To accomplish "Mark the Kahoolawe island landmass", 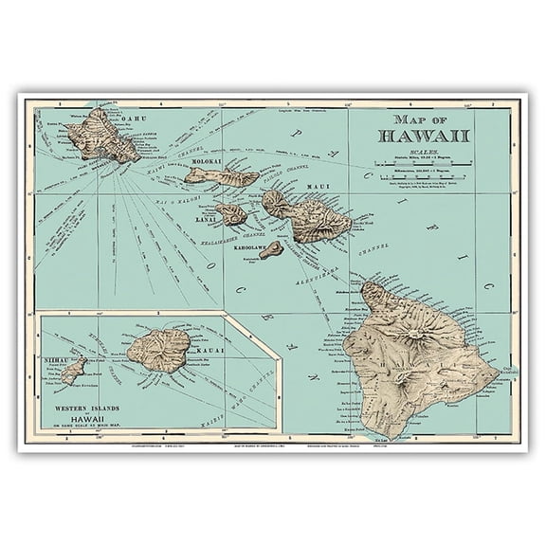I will tap(271, 249).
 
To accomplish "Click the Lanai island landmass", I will tap(230, 214).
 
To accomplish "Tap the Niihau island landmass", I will tap(73, 370).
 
